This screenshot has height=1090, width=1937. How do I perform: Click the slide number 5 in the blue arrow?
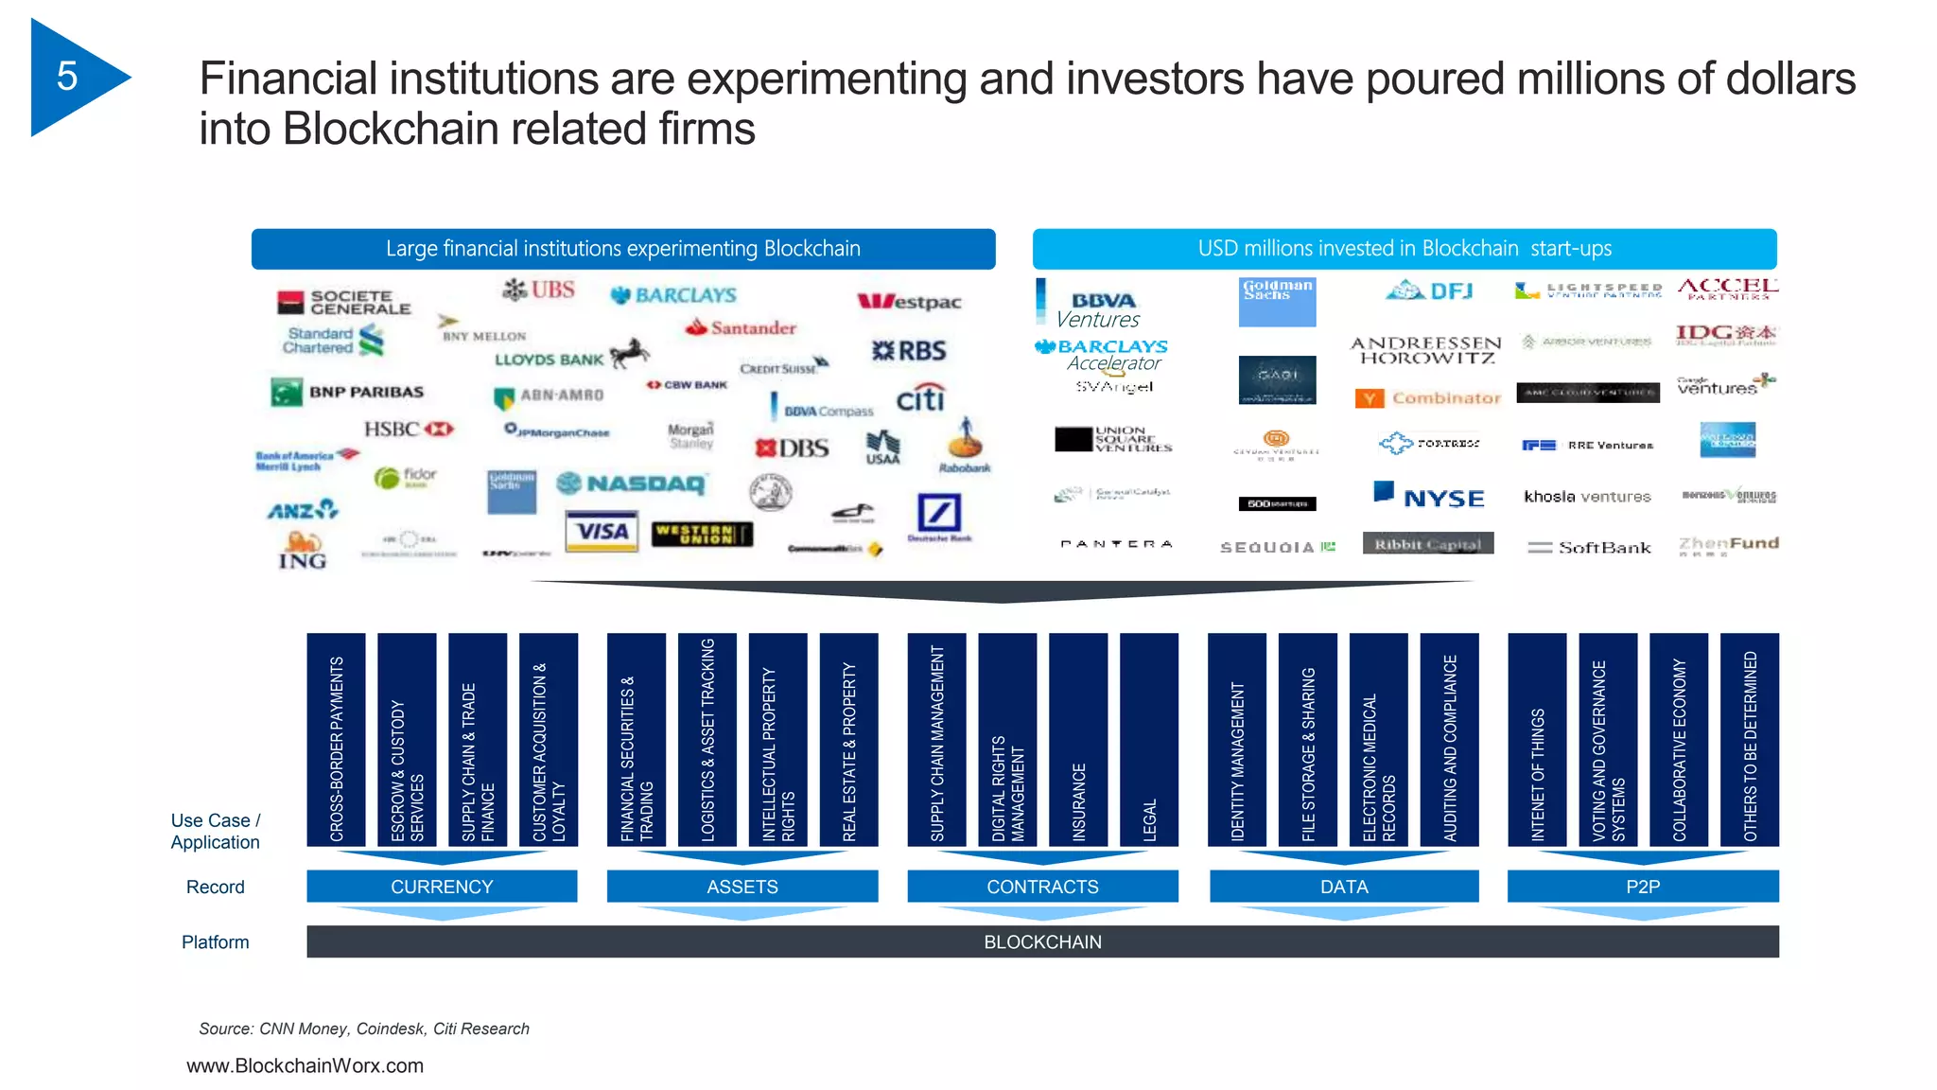67,77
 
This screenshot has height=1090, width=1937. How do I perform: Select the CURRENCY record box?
442,887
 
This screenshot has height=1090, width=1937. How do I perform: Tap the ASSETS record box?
742,887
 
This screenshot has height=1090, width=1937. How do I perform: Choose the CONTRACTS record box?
1042,887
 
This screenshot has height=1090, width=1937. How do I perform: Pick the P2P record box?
1643,887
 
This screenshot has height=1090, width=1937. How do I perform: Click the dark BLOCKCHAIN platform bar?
1042,941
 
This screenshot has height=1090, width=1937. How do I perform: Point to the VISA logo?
602,531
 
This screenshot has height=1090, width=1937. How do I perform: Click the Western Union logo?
701,535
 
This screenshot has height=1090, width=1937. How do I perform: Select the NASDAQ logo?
632,484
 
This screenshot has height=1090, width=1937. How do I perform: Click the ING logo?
303,551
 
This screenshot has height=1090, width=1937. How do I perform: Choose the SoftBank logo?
1590,547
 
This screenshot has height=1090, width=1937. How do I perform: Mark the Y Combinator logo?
1428,398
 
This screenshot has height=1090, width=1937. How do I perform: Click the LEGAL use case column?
1149,739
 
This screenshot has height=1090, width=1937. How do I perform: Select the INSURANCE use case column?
1078,739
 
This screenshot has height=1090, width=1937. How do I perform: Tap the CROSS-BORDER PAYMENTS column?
336,739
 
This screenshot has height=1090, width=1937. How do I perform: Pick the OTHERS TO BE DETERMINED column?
1750,739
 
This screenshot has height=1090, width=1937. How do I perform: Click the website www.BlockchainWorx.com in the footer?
305,1065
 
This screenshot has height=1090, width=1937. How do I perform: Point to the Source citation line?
364,1028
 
